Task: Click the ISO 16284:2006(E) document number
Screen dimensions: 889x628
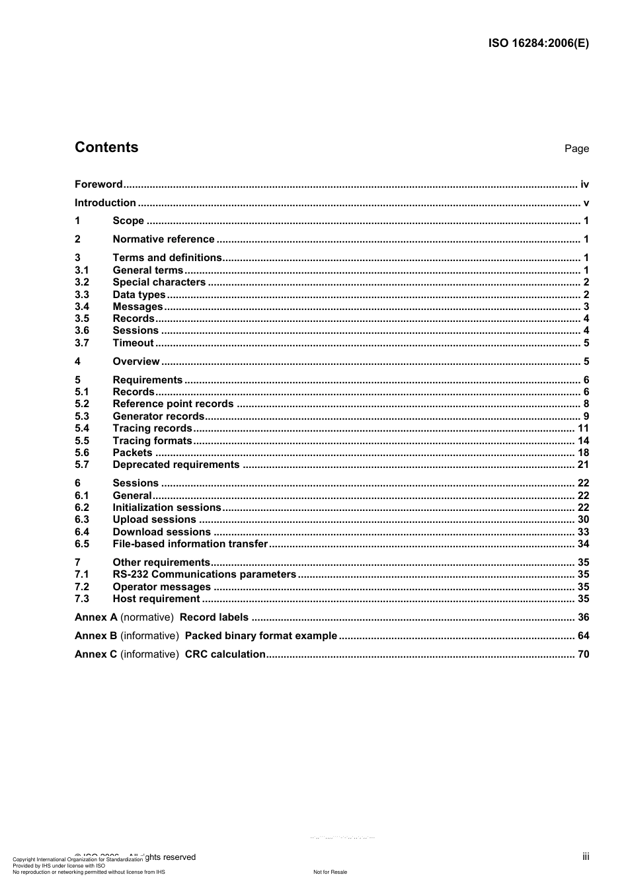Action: [538, 44]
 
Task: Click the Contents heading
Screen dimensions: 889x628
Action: [106, 147]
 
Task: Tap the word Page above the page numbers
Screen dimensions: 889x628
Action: [576, 149]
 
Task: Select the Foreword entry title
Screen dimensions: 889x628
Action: [98, 184]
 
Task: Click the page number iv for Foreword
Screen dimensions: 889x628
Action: [584, 184]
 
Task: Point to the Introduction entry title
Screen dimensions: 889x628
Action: [105, 203]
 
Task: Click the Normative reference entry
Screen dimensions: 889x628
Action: [163, 239]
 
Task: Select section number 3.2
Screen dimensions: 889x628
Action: [82, 282]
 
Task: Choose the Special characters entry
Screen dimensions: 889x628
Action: [159, 282]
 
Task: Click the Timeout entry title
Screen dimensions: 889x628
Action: [133, 343]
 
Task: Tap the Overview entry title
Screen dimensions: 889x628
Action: [136, 362]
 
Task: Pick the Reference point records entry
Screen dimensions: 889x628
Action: [173, 404]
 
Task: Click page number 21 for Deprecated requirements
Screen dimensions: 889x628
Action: [583, 465]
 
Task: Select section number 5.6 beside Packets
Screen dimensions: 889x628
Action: [82, 453]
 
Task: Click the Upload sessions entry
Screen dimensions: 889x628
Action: [154, 520]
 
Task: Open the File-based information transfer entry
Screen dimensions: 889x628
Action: [190, 544]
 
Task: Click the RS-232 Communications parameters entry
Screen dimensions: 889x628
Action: [204, 574]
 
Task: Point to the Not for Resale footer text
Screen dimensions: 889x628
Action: [330, 872]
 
